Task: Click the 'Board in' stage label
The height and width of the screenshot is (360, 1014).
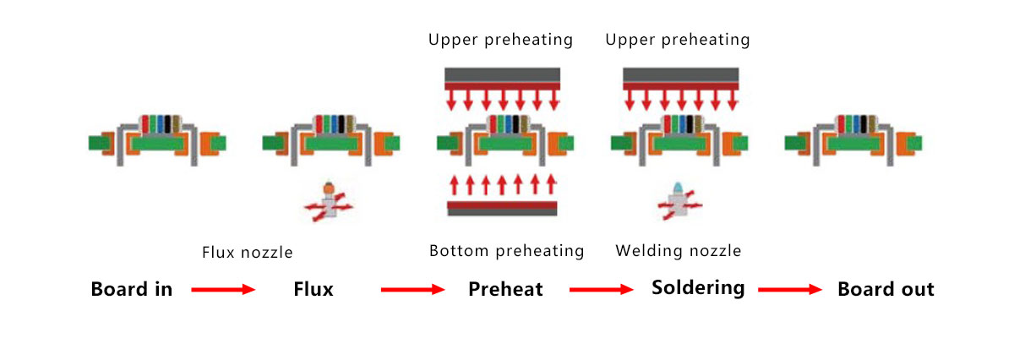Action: click(x=132, y=290)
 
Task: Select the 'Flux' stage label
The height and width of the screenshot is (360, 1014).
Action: click(x=313, y=290)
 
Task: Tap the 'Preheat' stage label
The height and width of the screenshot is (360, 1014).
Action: click(x=505, y=290)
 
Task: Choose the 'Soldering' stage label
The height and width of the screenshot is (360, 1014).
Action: click(x=698, y=288)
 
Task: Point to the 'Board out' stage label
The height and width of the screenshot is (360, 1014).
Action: click(x=886, y=290)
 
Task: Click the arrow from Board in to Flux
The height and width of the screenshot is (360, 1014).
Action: click(x=223, y=290)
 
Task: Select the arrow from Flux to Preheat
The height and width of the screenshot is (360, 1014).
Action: click(x=412, y=290)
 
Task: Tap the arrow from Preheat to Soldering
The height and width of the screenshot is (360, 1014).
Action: click(x=601, y=290)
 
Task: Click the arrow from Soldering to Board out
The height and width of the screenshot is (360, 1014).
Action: click(x=790, y=290)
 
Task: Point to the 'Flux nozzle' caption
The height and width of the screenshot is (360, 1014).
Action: click(x=247, y=252)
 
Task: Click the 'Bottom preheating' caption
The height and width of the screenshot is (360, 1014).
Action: click(x=506, y=251)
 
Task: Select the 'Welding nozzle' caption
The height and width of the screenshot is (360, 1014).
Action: click(x=679, y=251)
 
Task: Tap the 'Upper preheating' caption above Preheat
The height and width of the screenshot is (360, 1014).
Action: click(x=500, y=40)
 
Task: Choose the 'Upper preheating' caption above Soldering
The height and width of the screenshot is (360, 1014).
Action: click(x=678, y=40)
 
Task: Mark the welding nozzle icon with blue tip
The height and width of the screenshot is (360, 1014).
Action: click(x=679, y=201)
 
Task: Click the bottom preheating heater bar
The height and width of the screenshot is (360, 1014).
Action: click(x=502, y=208)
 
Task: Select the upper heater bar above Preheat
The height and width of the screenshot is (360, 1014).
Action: click(x=502, y=78)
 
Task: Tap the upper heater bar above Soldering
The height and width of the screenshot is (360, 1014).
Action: click(x=681, y=78)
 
